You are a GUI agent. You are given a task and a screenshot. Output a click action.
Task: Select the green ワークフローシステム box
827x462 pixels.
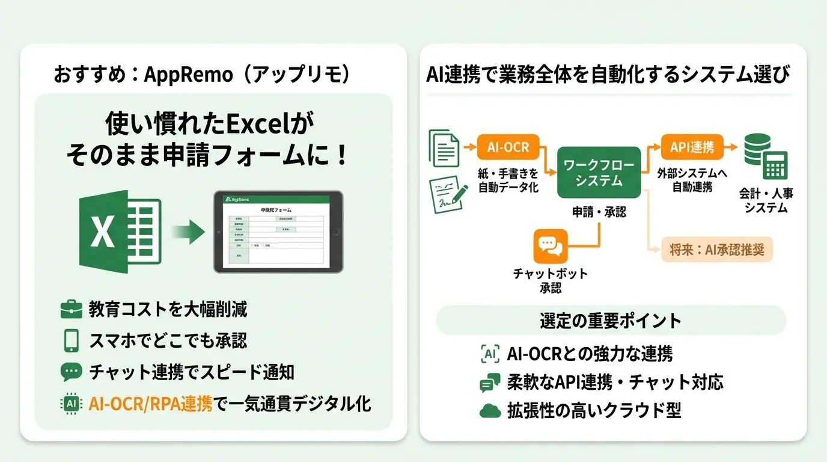point(599,172)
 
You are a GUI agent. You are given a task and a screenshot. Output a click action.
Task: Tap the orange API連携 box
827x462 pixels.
point(691,147)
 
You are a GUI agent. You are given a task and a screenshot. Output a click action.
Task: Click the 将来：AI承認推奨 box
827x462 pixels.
point(712,250)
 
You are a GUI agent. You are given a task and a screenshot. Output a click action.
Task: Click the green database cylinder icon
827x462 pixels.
point(756,150)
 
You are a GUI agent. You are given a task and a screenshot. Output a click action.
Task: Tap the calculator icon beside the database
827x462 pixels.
point(775,164)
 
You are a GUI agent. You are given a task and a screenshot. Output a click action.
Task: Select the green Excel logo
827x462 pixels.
point(120,232)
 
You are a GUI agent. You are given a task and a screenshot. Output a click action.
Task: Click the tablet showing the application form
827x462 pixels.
point(278,232)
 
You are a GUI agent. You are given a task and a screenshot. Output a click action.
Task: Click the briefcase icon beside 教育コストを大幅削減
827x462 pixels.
point(72,310)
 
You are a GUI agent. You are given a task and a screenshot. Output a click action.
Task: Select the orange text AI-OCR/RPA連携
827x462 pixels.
point(150,403)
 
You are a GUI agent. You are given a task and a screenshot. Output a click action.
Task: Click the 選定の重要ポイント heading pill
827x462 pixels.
point(610,320)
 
